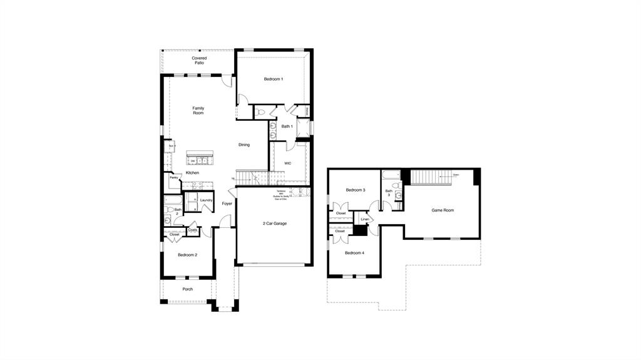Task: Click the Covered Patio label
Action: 199,61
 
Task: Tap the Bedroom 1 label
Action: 273,79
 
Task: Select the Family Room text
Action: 198,111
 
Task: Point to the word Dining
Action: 244,145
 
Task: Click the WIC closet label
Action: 288,163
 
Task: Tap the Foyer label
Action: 227,203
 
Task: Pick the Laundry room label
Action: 207,200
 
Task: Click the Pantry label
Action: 174,178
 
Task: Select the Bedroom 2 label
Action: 187,255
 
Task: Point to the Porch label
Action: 187,289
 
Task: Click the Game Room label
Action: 443,210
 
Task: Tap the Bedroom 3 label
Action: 356,190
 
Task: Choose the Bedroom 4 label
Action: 354,253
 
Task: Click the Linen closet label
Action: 365,219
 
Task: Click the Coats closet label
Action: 193,229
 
